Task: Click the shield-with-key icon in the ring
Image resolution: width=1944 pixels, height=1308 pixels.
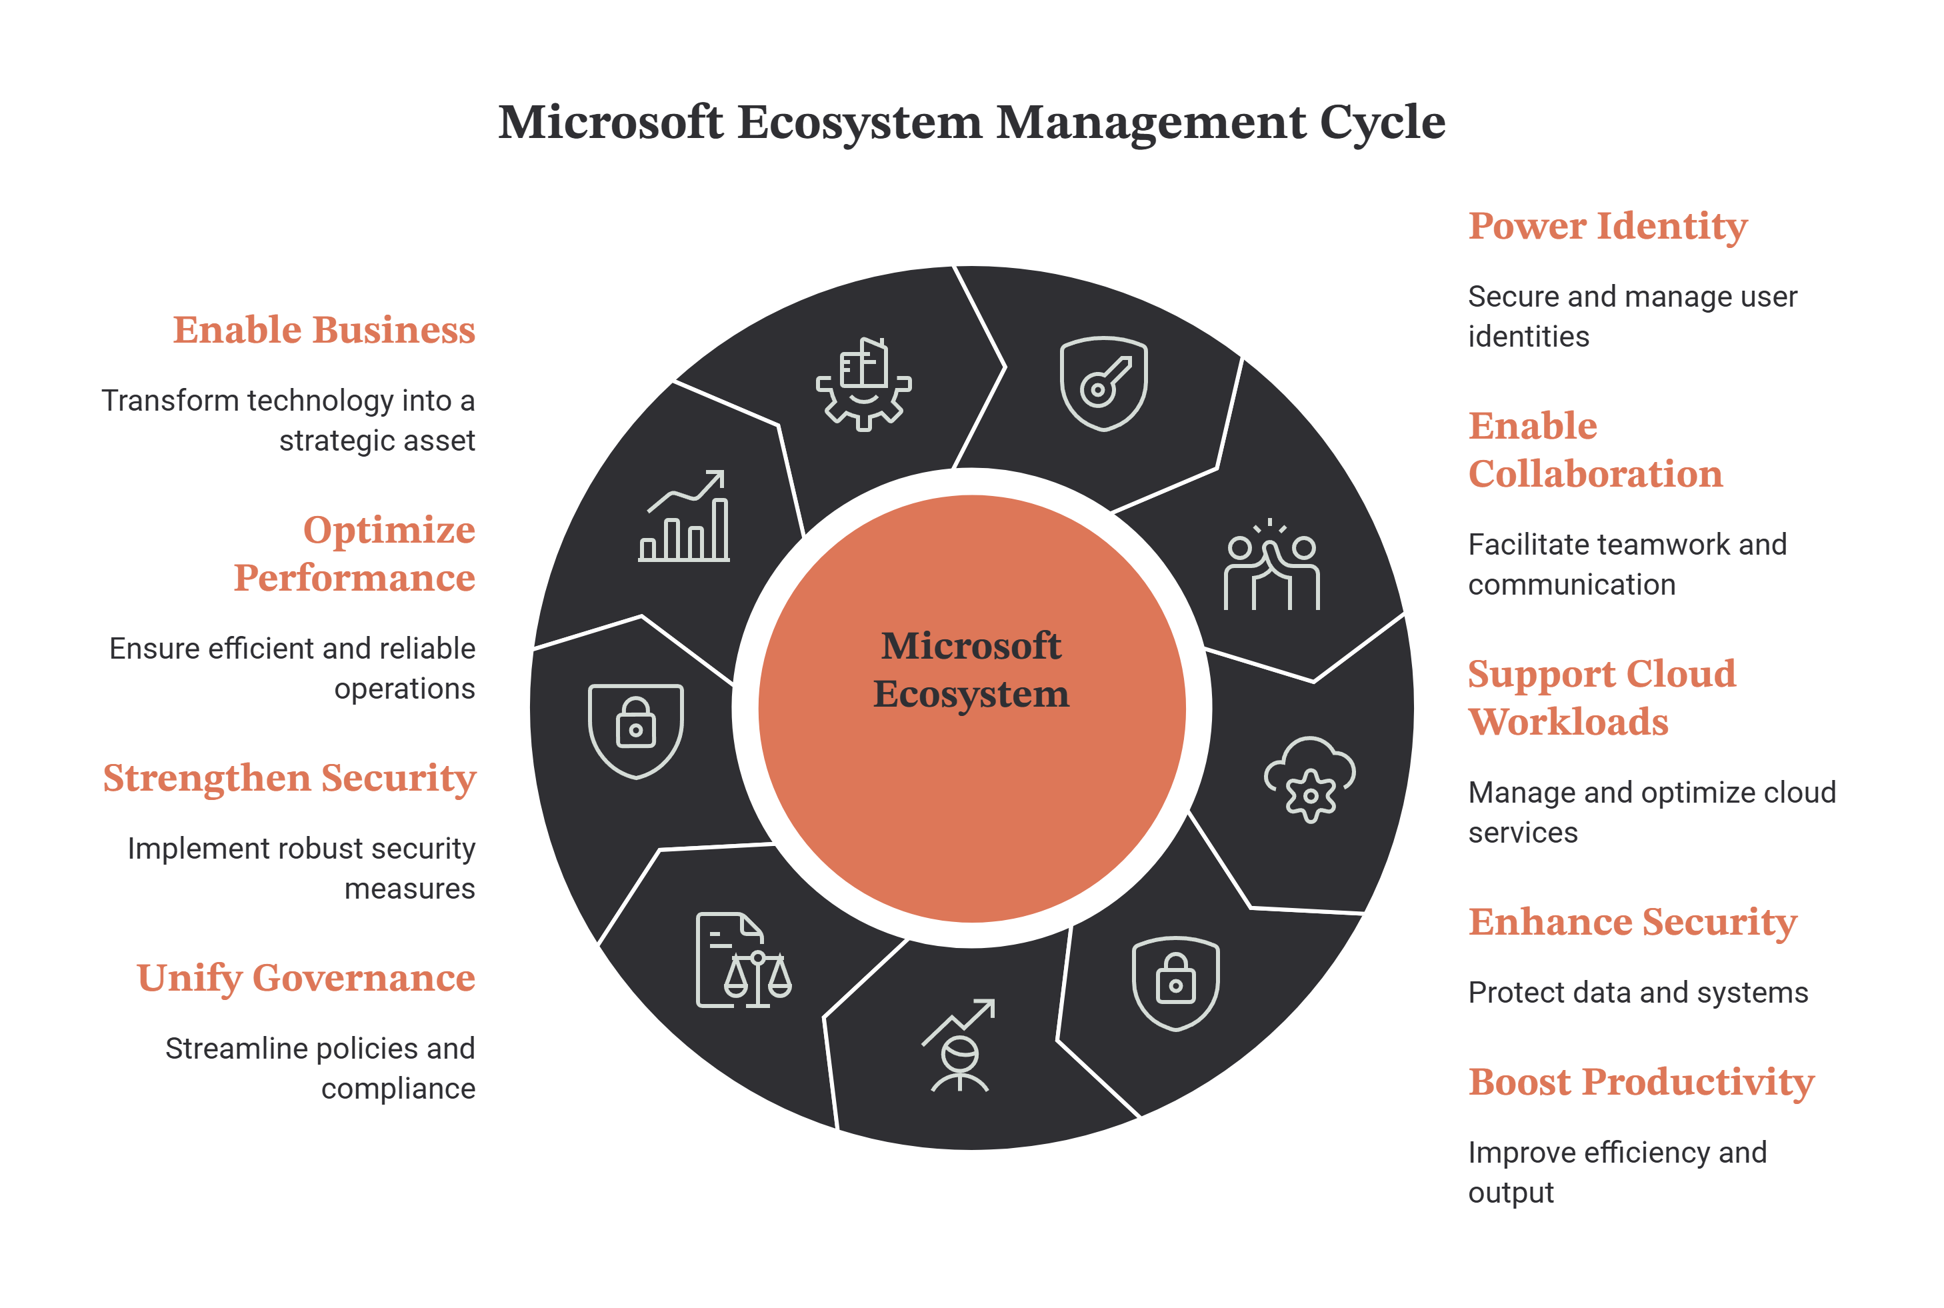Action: (1103, 384)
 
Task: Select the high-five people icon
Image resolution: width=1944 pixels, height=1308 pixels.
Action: (1271, 565)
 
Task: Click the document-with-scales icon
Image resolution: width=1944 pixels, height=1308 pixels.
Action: (743, 960)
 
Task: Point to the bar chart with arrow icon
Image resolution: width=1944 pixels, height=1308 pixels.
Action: (684, 515)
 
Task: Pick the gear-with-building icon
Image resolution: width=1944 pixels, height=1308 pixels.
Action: (863, 384)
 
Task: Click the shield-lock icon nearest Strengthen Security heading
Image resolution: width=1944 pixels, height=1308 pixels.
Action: (635, 731)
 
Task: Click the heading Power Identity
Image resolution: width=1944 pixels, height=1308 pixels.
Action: (1607, 226)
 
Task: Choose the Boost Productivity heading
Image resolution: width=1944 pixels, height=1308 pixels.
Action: (1641, 1083)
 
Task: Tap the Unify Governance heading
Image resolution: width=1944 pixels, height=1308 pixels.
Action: (306, 977)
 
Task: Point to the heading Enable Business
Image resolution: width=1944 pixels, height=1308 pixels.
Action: (325, 329)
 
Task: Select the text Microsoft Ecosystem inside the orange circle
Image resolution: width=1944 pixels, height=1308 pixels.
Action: (971, 670)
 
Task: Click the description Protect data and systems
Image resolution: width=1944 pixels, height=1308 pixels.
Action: (1638, 993)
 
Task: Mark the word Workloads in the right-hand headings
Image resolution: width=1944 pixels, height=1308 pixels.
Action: (1568, 721)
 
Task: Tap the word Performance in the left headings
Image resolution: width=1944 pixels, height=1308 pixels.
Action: (355, 577)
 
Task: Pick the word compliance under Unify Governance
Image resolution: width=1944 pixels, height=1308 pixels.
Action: (398, 1089)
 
